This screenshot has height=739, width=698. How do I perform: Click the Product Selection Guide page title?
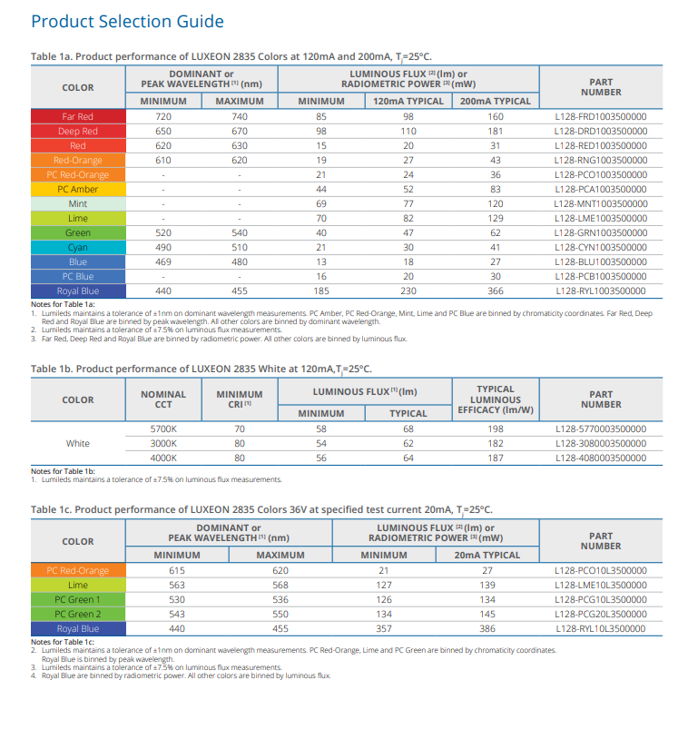(x=127, y=21)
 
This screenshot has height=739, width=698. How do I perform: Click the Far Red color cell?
(x=78, y=116)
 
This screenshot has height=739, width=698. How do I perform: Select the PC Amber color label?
(x=78, y=189)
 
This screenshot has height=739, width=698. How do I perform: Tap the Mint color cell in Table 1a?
(x=78, y=203)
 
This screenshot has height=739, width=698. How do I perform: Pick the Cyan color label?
(x=78, y=248)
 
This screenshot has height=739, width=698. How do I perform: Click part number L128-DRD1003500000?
(x=601, y=131)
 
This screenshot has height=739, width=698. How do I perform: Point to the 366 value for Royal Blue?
(x=496, y=291)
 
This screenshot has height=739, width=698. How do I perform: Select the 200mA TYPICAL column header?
(x=496, y=101)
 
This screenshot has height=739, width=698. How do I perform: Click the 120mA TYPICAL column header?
(x=408, y=101)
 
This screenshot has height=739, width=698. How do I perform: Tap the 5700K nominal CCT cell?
(x=163, y=429)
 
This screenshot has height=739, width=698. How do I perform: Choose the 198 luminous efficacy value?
(x=496, y=429)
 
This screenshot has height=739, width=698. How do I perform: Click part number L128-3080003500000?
(x=601, y=444)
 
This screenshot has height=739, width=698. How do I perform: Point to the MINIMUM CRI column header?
(x=240, y=399)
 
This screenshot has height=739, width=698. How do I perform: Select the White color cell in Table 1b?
(x=78, y=444)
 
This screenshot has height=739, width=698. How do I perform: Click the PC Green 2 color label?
(x=78, y=614)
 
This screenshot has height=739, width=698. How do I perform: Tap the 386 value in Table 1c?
(x=487, y=629)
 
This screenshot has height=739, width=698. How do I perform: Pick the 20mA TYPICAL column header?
(x=487, y=555)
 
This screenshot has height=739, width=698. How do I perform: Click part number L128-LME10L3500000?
(x=601, y=585)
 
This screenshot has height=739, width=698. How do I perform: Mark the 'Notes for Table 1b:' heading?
(x=64, y=471)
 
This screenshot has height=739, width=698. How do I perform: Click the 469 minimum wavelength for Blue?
(x=163, y=262)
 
